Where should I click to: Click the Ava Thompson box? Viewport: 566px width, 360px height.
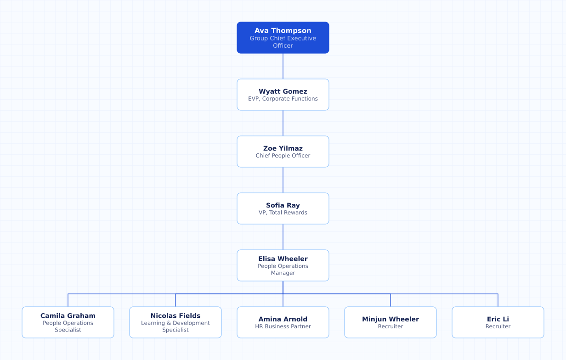(x=283, y=38)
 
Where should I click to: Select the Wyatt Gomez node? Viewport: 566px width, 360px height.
(x=283, y=95)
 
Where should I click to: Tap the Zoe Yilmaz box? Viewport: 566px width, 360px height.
(x=283, y=152)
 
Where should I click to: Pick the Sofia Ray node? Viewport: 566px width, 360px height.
(x=283, y=208)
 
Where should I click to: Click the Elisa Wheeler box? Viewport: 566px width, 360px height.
(x=283, y=265)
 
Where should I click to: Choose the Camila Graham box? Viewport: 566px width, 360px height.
(x=68, y=322)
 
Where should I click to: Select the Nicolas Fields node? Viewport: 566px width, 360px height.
(x=175, y=322)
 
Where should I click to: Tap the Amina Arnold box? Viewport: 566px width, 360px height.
(x=283, y=322)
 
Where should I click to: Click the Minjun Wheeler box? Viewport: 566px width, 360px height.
(x=391, y=322)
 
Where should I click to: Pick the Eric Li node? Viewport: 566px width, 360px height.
(x=498, y=322)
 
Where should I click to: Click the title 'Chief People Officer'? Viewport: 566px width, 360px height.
(x=283, y=156)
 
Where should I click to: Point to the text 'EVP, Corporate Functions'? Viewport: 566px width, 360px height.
(x=283, y=99)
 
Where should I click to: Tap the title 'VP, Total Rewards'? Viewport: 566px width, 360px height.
(x=283, y=213)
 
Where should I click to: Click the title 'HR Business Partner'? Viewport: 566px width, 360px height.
(x=283, y=326)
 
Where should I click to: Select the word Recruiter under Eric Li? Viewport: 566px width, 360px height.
(x=498, y=326)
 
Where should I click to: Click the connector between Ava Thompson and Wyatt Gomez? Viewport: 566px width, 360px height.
(x=283, y=66)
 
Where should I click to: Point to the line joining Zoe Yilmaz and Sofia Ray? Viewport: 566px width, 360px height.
(x=283, y=180)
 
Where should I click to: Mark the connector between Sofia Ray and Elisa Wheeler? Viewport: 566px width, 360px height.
(x=283, y=237)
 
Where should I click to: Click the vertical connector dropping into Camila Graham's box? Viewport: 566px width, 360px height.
(x=68, y=300)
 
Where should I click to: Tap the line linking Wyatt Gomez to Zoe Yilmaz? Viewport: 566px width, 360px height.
(x=283, y=123)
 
